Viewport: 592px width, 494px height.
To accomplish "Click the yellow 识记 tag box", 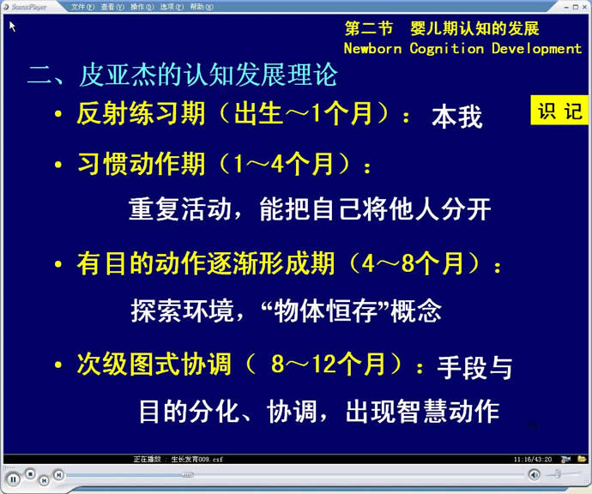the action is point(559,110).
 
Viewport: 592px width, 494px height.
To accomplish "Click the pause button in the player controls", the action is point(13,479).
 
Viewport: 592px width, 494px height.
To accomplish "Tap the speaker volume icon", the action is point(535,474).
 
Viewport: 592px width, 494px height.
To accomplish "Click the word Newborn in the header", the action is point(372,48).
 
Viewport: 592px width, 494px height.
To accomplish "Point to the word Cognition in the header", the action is point(447,49).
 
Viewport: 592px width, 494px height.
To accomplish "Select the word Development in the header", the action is point(536,49).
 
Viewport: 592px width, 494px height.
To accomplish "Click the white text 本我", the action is point(457,117).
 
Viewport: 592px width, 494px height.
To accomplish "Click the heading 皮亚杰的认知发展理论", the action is point(208,75).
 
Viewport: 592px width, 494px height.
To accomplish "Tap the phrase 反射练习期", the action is point(141,113).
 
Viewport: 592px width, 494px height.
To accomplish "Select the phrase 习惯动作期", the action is point(142,164).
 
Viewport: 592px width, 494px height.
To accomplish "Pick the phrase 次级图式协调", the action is point(154,364).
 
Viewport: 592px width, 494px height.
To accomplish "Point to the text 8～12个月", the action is point(328,364).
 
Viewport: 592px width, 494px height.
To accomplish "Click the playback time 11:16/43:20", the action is point(533,460).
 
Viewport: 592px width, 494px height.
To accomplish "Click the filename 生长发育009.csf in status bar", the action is point(196,460).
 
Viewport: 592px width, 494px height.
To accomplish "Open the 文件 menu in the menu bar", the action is point(82,7).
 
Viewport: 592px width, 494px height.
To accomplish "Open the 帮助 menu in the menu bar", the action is point(202,7).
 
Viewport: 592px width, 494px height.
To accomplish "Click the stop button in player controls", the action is point(31,473).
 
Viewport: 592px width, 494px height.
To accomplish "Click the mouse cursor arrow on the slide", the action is point(12,27).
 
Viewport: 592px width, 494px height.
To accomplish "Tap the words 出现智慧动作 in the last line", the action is point(422,411).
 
